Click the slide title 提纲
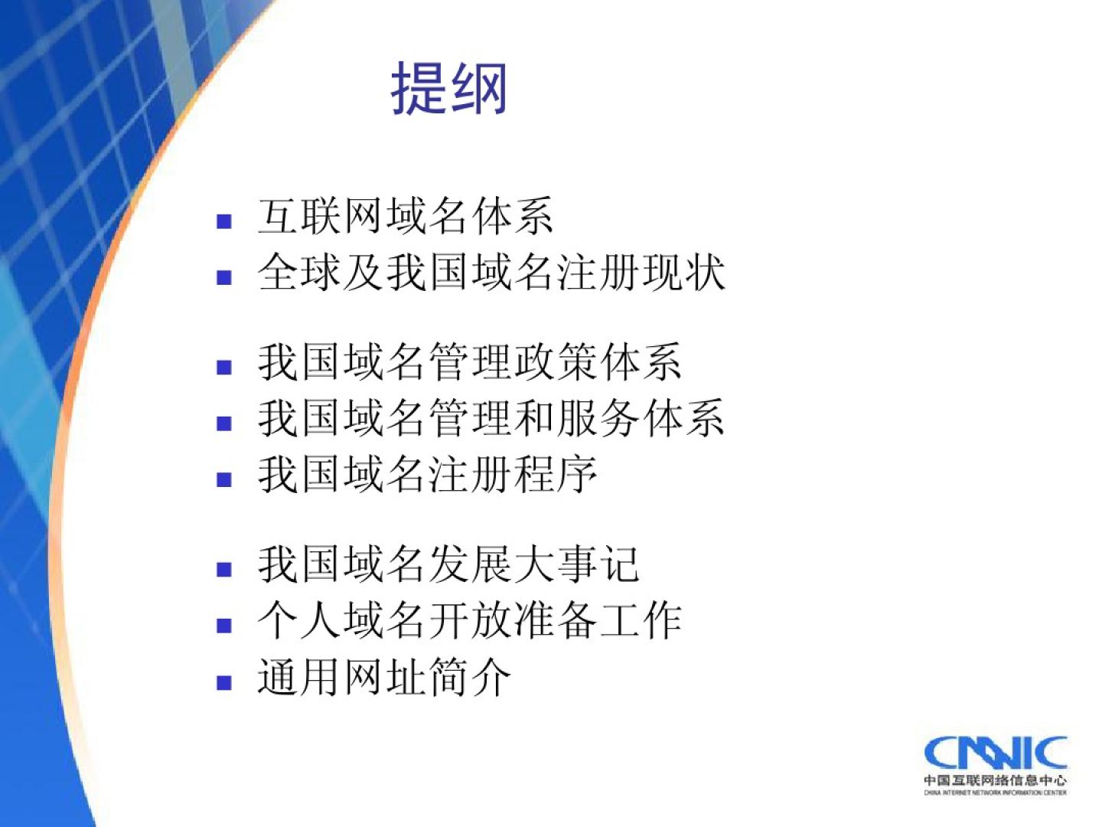448,89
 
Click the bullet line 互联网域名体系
405,217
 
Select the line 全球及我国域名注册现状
491,273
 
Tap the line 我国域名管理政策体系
469,362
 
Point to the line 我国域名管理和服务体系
491,418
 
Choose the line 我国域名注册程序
427,475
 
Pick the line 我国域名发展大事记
448,564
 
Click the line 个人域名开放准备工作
469,620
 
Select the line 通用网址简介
384,677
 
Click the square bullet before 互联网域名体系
224,221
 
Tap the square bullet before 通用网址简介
224,682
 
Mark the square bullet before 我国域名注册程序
224,480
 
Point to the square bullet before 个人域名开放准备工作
224,626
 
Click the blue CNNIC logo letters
996,753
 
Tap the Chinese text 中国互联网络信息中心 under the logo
996,780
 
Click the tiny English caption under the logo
996,793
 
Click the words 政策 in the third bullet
555,362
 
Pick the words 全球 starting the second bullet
300,273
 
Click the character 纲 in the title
478,89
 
